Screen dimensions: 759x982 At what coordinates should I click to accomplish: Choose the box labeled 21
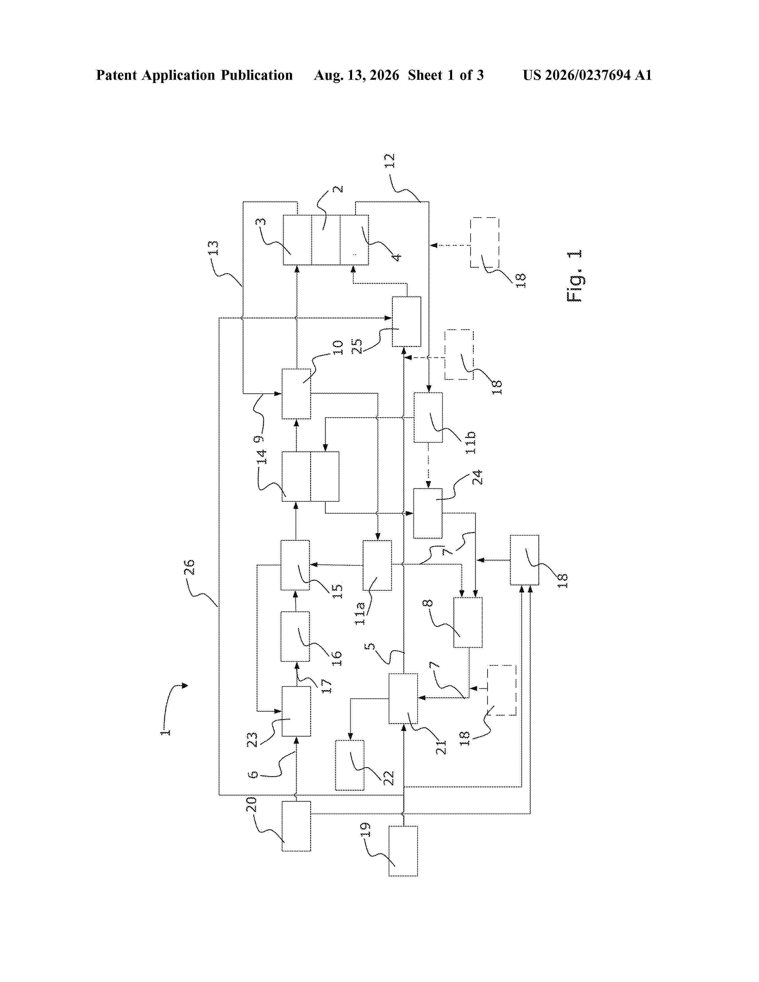pos(403,698)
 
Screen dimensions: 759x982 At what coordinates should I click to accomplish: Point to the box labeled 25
pos(407,321)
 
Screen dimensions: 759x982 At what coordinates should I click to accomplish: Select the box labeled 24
pos(428,513)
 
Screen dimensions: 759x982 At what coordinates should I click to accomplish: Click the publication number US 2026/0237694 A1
pos(587,75)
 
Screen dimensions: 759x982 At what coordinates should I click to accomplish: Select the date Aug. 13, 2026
pos(356,75)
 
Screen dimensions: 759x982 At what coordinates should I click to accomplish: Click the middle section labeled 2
pos(326,240)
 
